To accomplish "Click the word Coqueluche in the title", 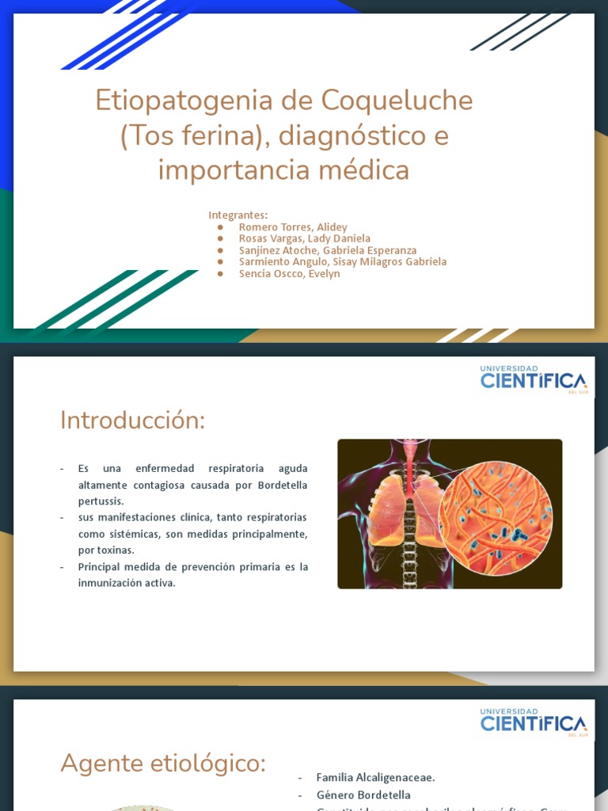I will pos(397,101).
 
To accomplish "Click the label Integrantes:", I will pos(237,215).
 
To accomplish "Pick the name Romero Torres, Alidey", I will pos(293,227).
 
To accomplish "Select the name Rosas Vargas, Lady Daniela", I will pos(304,238).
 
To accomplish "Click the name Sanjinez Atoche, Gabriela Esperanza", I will pos(327,250).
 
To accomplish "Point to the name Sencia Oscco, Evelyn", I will pos(289,274).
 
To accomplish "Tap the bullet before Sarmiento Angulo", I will pos(219,262).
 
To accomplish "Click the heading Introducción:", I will pos(132,421).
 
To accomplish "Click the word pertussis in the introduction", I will pos(101,501).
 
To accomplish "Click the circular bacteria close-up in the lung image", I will pos(496,518).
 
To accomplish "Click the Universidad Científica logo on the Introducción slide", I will pos(532,379).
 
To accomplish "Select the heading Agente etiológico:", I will pos(163,763).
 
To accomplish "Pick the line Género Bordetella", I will pos(363,795).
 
